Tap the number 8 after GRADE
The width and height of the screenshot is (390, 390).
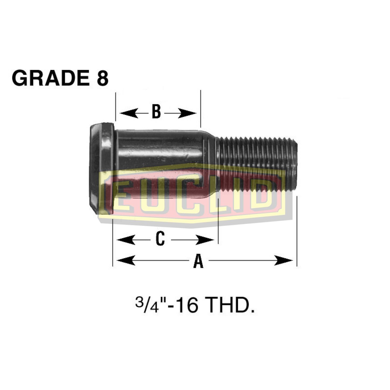[x=103, y=78]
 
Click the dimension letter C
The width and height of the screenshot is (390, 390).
[x=160, y=239]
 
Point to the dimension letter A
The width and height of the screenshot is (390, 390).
[x=198, y=261]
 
